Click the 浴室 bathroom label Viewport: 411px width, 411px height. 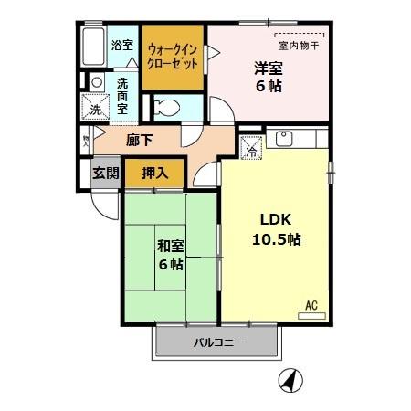click(x=121, y=44)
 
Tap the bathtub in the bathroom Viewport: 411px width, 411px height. click(x=91, y=47)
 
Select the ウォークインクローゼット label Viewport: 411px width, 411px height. click(x=172, y=57)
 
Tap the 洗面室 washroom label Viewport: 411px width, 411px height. click(x=122, y=94)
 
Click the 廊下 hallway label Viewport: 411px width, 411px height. click(x=139, y=141)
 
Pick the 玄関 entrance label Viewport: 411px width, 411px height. click(x=105, y=172)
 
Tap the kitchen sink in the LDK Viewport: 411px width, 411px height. click(x=284, y=141)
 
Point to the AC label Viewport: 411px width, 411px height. click(x=311, y=304)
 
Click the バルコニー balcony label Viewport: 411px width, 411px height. click(x=217, y=343)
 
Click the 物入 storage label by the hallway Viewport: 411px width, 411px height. click(x=86, y=142)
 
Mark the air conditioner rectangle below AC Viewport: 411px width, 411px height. click(x=311, y=316)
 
